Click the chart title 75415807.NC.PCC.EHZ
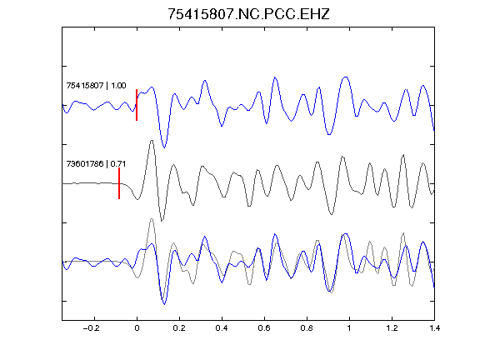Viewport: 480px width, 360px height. [x=248, y=14]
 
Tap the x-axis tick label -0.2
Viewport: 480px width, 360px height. [x=91, y=328]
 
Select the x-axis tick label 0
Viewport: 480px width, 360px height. [x=137, y=328]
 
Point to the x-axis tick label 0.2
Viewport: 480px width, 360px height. [x=179, y=328]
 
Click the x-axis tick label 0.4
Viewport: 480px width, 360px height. [x=222, y=328]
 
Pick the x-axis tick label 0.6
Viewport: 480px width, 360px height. [x=264, y=328]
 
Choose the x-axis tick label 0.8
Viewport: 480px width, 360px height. [x=307, y=328]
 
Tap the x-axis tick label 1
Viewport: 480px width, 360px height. [x=349, y=328]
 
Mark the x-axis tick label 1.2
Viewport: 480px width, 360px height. [x=392, y=328]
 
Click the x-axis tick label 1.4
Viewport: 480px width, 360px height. [x=434, y=328]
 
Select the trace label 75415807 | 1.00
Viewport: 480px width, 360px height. [x=96, y=85]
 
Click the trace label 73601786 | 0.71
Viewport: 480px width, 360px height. [x=96, y=164]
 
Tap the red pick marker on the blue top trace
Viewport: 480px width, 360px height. [x=137, y=105]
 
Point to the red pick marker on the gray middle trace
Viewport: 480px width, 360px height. [x=119, y=183]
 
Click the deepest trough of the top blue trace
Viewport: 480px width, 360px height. [x=164, y=147]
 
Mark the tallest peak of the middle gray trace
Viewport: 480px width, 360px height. [x=152, y=141]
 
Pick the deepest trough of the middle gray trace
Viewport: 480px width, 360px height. [x=162, y=220]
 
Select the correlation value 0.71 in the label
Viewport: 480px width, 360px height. [x=118, y=164]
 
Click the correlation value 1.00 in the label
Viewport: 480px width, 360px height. [x=118, y=85]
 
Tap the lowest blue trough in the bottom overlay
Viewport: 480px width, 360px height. [x=164, y=304]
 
